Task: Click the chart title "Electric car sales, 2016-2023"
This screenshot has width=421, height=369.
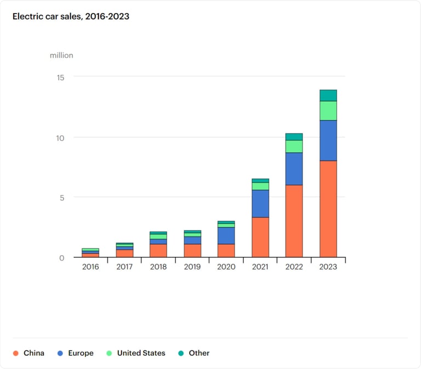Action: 71,16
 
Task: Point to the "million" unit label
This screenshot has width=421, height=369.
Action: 61,55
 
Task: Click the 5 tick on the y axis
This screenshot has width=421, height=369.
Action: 62,198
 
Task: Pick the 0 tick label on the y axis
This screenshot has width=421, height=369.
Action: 62,258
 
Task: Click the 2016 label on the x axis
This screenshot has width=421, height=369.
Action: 90,267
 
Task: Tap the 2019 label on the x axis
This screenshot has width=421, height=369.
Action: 192,267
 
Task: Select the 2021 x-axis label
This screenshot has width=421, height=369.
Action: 260,267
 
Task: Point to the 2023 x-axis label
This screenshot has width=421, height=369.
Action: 328,267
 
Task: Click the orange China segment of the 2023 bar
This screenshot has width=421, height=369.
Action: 328,209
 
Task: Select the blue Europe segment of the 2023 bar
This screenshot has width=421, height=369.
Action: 328,140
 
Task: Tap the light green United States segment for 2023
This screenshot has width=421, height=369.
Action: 328,111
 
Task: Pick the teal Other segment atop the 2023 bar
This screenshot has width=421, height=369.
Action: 328,95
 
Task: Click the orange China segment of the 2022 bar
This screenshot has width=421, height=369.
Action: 294,221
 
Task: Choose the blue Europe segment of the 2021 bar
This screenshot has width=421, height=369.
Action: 260,204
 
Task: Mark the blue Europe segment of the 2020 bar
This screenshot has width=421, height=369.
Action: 226,235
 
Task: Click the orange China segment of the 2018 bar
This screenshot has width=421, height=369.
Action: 158,251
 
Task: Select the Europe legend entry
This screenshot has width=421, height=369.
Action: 75,353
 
